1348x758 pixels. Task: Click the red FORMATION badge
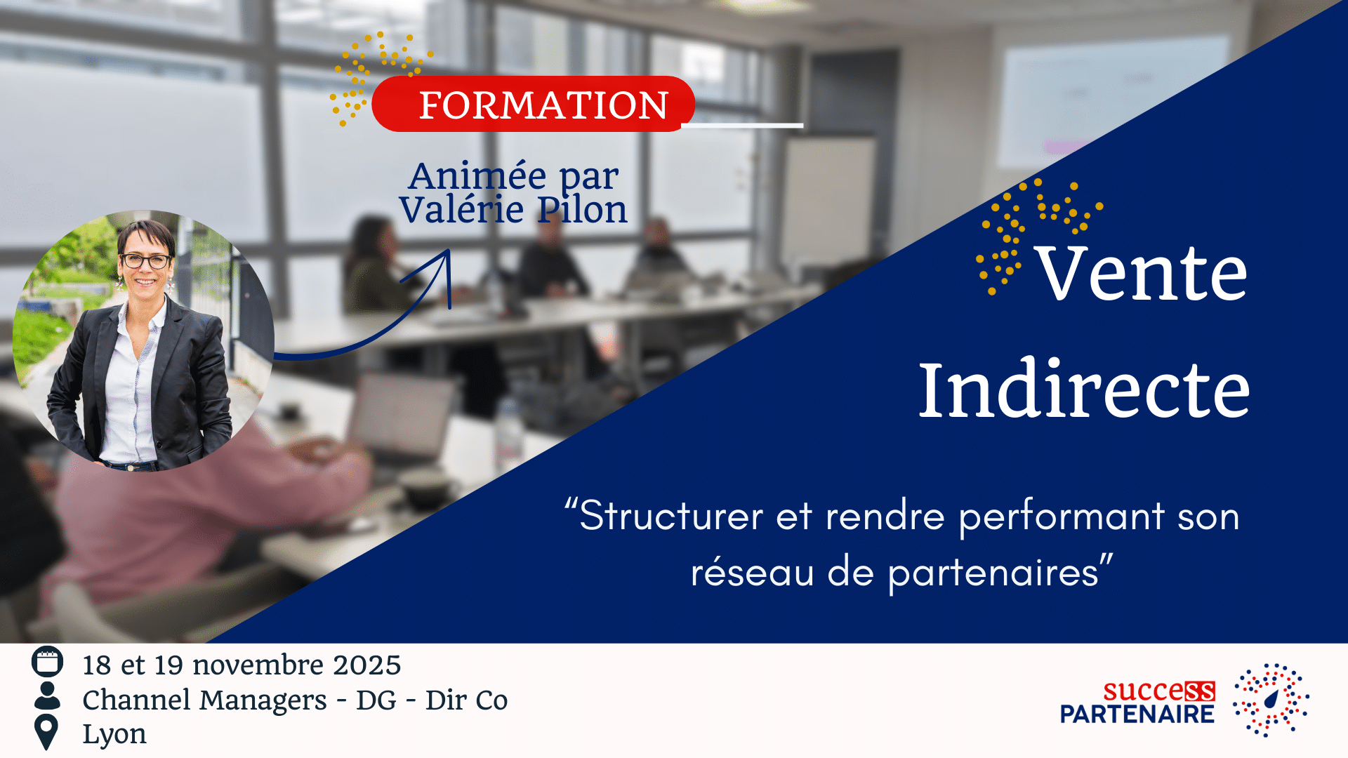click(534, 105)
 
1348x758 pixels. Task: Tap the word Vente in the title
click(1142, 274)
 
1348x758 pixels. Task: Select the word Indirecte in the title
click(1084, 390)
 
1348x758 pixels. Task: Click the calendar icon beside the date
click(47, 662)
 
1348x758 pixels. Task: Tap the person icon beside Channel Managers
click(47, 696)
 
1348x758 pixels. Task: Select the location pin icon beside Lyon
click(46, 732)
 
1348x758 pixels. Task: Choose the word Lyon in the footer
click(114, 734)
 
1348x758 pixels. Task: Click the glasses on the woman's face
click(145, 261)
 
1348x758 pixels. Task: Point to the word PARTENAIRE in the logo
click(1137, 714)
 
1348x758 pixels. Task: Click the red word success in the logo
click(1158, 691)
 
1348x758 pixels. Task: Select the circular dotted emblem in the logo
click(1271, 700)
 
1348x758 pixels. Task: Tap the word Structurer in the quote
click(671, 516)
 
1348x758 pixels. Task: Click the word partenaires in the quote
click(993, 573)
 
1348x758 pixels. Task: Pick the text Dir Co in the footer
click(466, 700)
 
